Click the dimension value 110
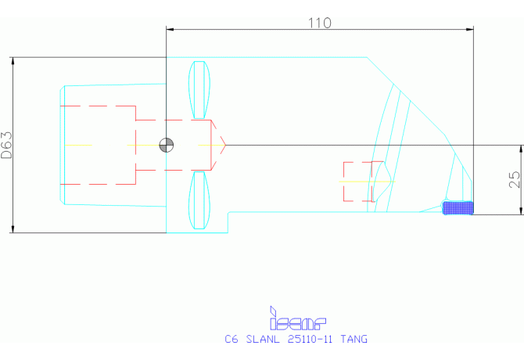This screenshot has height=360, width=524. (319, 23)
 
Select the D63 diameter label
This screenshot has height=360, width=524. (7, 146)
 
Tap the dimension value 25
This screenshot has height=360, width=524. (514, 180)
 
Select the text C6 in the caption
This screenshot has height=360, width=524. (231, 340)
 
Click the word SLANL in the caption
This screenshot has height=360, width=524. (262, 340)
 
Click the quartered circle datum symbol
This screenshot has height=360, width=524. (166, 145)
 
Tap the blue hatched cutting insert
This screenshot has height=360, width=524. (458, 207)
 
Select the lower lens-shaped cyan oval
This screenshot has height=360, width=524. (201, 201)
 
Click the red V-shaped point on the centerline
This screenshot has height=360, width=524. (222, 145)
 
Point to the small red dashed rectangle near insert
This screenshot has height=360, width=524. (364, 181)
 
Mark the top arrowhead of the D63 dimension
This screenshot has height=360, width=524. (13, 60)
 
